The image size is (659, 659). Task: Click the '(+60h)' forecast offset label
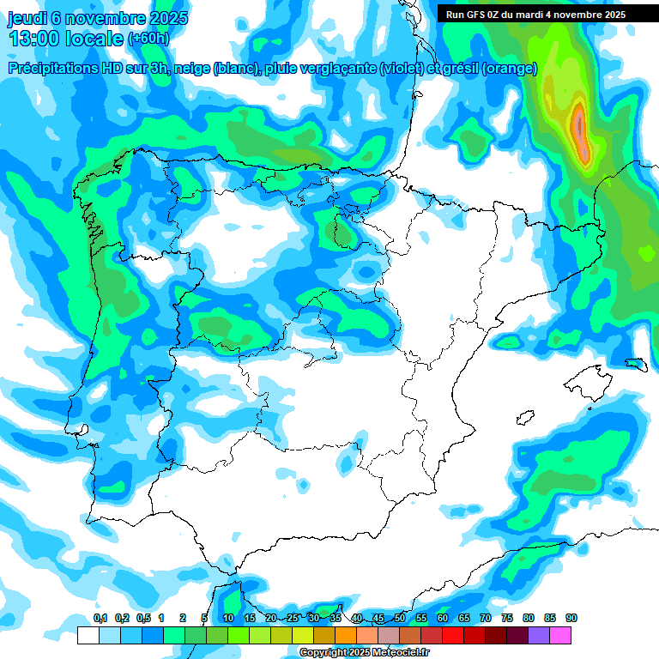click(x=148, y=39)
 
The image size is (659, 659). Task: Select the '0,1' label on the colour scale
click(x=100, y=619)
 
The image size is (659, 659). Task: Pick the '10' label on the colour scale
click(x=228, y=619)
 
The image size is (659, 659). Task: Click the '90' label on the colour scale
click(x=571, y=619)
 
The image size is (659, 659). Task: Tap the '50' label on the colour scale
click(x=400, y=619)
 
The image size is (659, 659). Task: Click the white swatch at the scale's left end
click(x=88, y=636)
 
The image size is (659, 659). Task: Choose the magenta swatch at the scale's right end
click(x=560, y=636)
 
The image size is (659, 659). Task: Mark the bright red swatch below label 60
click(x=453, y=636)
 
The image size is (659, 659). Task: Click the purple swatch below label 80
click(x=539, y=636)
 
